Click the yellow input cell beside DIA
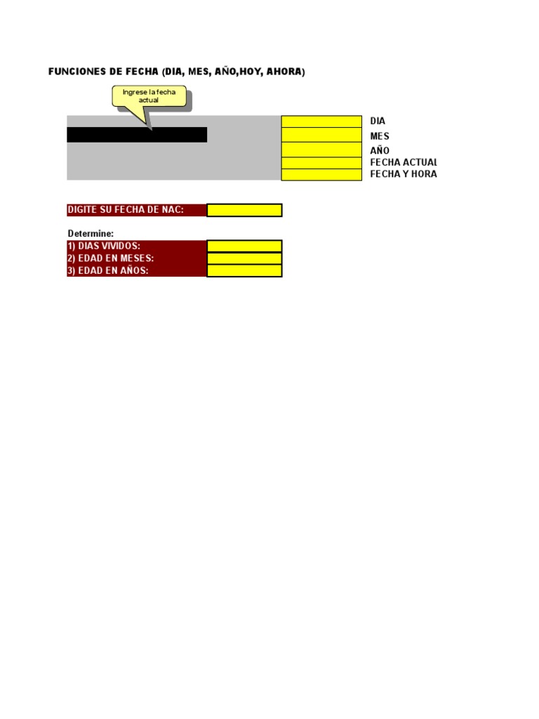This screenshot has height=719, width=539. (x=321, y=121)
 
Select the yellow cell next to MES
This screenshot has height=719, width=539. (x=321, y=136)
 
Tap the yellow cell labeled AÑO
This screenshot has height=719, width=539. (x=321, y=150)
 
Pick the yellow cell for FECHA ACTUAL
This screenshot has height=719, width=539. (x=321, y=163)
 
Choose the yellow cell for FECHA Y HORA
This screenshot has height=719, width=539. (x=321, y=175)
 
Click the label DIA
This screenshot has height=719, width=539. (x=378, y=121)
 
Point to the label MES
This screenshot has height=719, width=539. (x=380, y=136)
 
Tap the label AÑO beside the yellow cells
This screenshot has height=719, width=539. (x=380, y=150)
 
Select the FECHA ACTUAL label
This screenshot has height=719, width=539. (x=404, y=163)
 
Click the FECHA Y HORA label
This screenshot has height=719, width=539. (x=404, y=174)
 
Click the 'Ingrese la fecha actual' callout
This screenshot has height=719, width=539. (x=149, y=96)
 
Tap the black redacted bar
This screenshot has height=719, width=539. (x=137, y=135)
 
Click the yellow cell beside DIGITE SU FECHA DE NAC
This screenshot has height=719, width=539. (x=244, y=210)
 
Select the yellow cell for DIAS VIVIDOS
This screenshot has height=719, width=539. (x=244, y=246)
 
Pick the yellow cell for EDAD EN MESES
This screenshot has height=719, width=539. (x=244, y=258)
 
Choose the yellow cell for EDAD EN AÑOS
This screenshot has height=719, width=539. (x=244, y=270)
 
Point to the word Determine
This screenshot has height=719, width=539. (x=91, y=233)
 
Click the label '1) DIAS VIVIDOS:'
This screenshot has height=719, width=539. (x=104, y=246)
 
